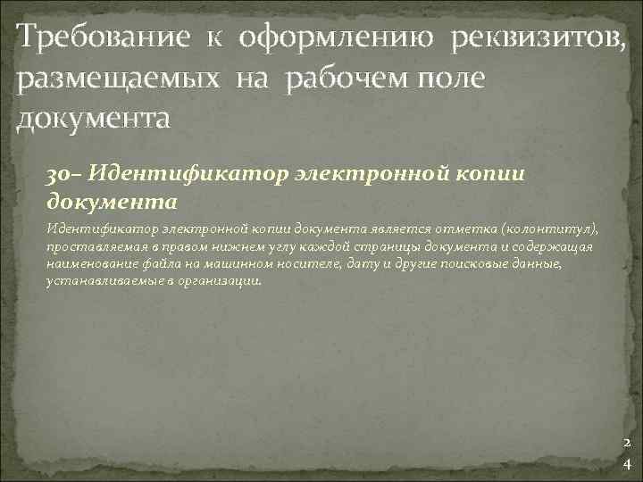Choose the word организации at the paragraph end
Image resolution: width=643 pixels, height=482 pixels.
230,278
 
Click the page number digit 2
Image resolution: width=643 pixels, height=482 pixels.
626,444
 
